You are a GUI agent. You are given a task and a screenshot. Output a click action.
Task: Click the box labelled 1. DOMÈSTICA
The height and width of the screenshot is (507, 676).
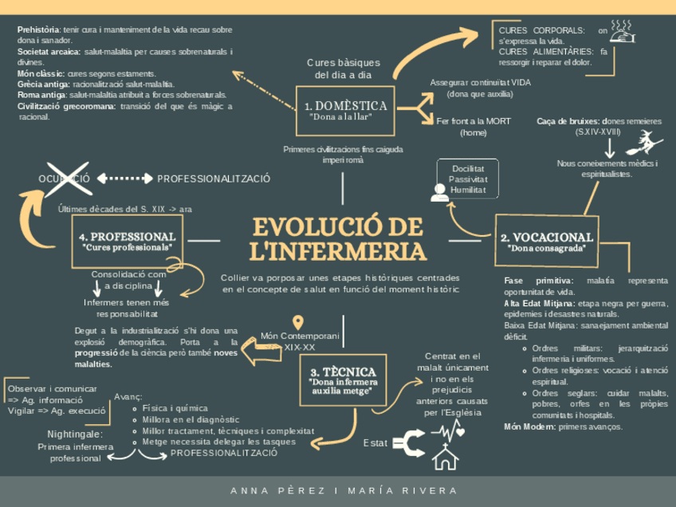click(345, 110)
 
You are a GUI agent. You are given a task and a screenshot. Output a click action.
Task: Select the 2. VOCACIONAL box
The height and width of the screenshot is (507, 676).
click(546, 241)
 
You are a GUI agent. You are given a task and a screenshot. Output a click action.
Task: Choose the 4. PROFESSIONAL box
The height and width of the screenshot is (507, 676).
click(127, 241)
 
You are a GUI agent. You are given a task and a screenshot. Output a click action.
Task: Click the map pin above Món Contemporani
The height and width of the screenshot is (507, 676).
click(299, 323)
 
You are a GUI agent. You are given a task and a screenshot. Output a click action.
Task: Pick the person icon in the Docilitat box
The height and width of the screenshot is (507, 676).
click(439, 192)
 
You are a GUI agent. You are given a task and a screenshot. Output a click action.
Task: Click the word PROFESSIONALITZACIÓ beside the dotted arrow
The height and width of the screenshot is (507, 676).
click(214, 179)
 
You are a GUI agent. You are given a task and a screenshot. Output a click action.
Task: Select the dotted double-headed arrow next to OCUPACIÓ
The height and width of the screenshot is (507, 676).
click(124, 179)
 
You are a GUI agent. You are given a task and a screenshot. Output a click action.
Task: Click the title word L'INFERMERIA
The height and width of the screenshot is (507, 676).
click(337, 252)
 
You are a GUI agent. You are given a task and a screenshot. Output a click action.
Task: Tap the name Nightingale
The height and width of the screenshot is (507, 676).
click(75, 434)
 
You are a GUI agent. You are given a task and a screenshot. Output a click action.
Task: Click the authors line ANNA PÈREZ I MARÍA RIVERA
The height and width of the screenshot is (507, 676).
click(344, 490)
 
